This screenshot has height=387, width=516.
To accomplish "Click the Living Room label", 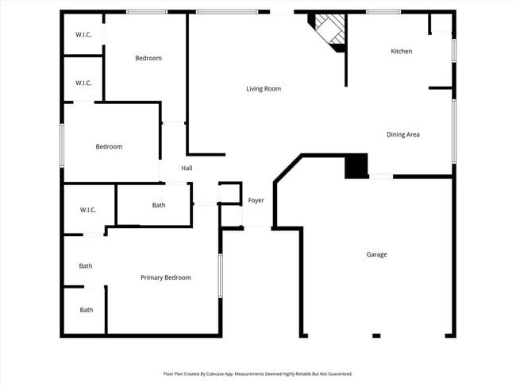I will [264, 89].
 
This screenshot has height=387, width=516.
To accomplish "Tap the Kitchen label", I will [401, 52].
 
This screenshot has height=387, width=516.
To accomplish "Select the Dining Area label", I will [402, 134].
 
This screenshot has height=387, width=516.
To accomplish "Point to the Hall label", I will [187, 168].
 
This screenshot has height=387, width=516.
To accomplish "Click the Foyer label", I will [256, 200].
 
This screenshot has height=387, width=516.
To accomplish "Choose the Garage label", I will [376, 254].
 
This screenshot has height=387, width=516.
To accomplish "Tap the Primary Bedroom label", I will [166, 277].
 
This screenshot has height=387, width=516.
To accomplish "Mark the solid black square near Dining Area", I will [356, 166].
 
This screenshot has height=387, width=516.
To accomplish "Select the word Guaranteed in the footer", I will [337, 373].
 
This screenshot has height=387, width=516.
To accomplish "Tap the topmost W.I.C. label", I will [83, 35].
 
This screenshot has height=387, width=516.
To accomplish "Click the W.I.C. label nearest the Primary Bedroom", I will [87, 210].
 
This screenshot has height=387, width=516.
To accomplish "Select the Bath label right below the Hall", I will [159, 205].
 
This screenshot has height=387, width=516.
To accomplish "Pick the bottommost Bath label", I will [86, 310].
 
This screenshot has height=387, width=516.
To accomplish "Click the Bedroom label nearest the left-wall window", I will [109, 146].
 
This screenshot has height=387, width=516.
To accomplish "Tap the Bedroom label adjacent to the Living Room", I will [148, 58].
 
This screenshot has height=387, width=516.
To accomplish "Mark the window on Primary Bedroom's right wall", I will [220, 275].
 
